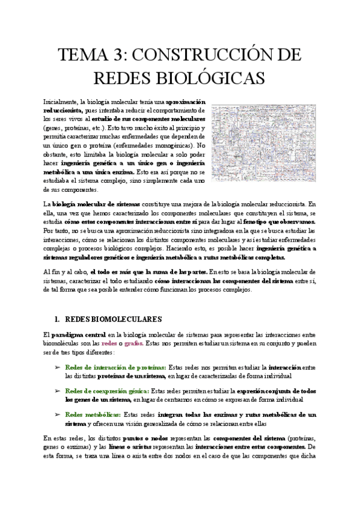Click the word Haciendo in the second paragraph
221,248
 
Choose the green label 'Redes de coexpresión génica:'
106,390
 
